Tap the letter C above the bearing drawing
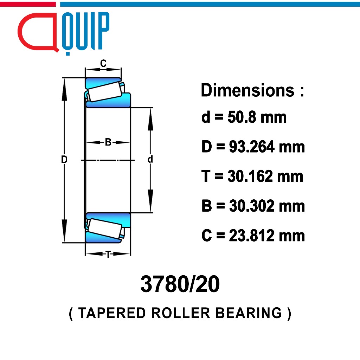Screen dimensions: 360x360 103,63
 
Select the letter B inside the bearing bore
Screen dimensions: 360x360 108,142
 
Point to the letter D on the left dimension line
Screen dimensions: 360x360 64,159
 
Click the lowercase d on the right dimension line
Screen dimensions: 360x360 150,159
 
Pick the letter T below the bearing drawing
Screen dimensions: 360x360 108,255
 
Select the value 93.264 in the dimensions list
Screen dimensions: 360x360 251,147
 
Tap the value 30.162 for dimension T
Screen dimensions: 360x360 250,176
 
